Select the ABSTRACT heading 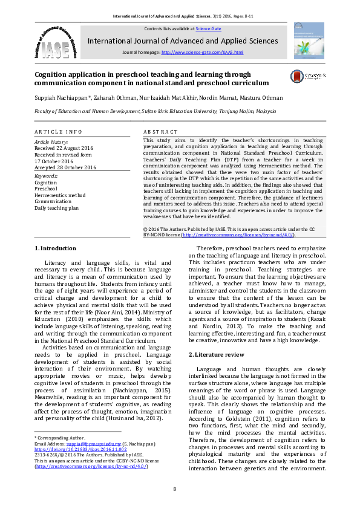[160, 131]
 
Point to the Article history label [51, 141]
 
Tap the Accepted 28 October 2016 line [65, 167]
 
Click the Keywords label [46, 176]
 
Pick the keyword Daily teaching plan [56, 208]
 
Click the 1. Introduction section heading [55, 248]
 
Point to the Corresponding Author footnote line [60, 436]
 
